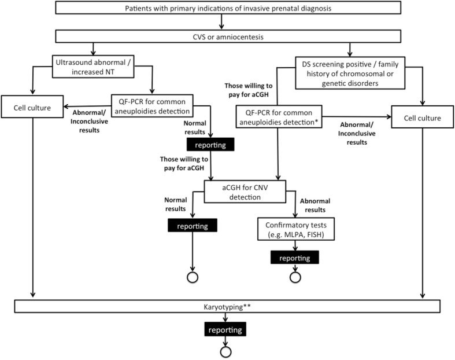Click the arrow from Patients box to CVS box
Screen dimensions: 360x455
tap(222, 22)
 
